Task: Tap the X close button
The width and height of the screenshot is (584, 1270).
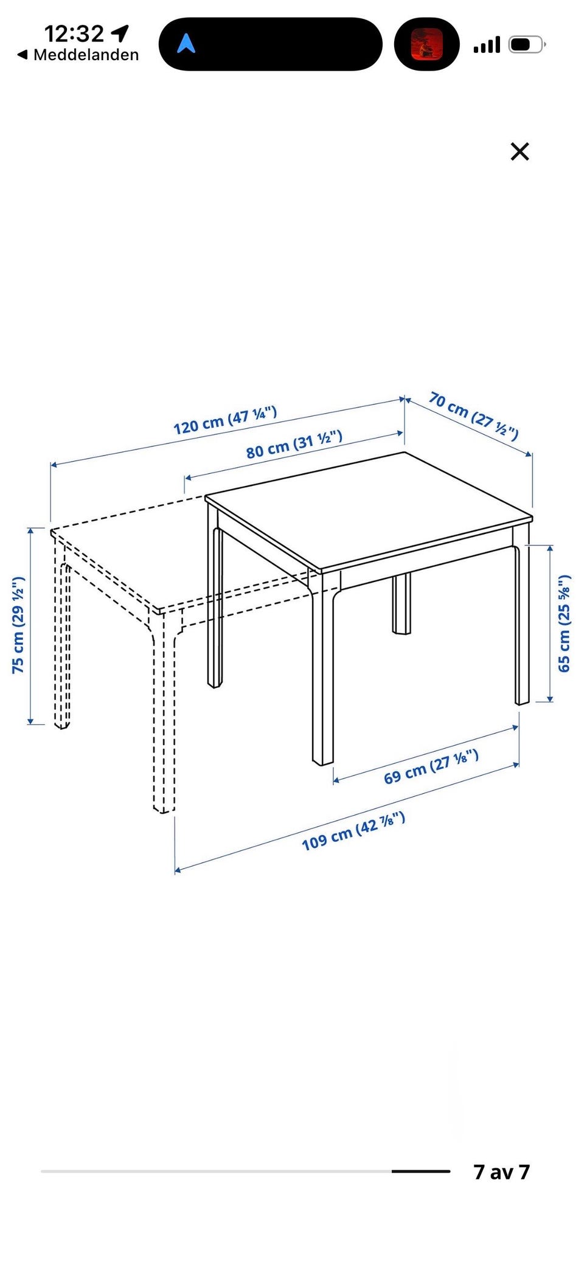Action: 520,151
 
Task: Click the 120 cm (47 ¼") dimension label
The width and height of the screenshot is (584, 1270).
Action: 225,420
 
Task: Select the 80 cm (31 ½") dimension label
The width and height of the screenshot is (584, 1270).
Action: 294,444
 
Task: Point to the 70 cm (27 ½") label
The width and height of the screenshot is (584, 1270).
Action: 474,416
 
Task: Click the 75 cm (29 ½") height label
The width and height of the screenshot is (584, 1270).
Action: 18,625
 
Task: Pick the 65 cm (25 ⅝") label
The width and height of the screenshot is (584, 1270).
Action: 565,623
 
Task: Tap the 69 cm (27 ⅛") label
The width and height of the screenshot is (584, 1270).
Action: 431,767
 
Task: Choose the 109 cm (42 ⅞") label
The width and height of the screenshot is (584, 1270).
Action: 353,831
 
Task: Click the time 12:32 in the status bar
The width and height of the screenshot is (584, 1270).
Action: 74,33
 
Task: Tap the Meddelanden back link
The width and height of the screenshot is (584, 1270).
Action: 78,55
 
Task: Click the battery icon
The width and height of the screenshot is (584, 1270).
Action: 527,44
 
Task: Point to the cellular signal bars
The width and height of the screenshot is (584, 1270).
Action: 487,45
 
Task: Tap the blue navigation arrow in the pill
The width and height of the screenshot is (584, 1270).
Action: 186,43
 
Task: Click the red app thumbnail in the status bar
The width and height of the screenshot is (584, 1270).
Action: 426,44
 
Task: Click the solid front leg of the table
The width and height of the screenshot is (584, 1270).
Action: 322,669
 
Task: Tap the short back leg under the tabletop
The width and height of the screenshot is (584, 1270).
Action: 401,603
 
